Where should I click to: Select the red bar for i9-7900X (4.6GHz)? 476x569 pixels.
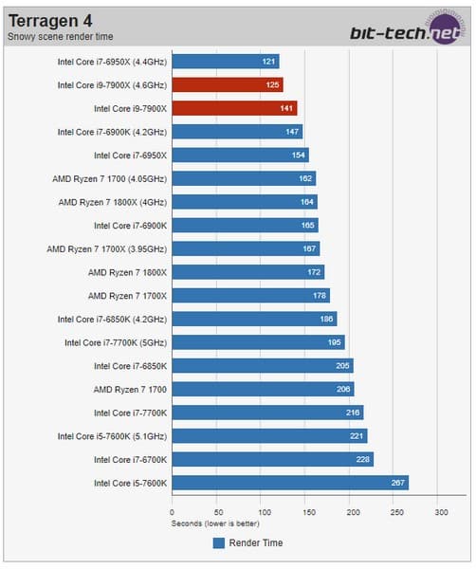227,84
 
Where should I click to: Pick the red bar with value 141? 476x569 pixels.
234,108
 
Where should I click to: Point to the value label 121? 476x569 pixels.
268,62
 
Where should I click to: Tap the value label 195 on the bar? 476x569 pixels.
335,342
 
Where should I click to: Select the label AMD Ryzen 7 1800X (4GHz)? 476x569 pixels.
113,202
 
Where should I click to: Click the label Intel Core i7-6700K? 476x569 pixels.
130,459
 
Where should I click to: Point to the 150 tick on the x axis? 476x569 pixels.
306,511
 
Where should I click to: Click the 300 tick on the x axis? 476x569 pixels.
441,511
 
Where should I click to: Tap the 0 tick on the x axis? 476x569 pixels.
172,511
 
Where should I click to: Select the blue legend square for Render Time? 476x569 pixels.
218,542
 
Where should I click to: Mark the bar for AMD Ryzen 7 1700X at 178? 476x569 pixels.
250,295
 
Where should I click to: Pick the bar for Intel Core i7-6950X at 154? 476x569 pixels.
240,155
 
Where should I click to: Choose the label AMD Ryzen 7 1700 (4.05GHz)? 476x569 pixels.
110,178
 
